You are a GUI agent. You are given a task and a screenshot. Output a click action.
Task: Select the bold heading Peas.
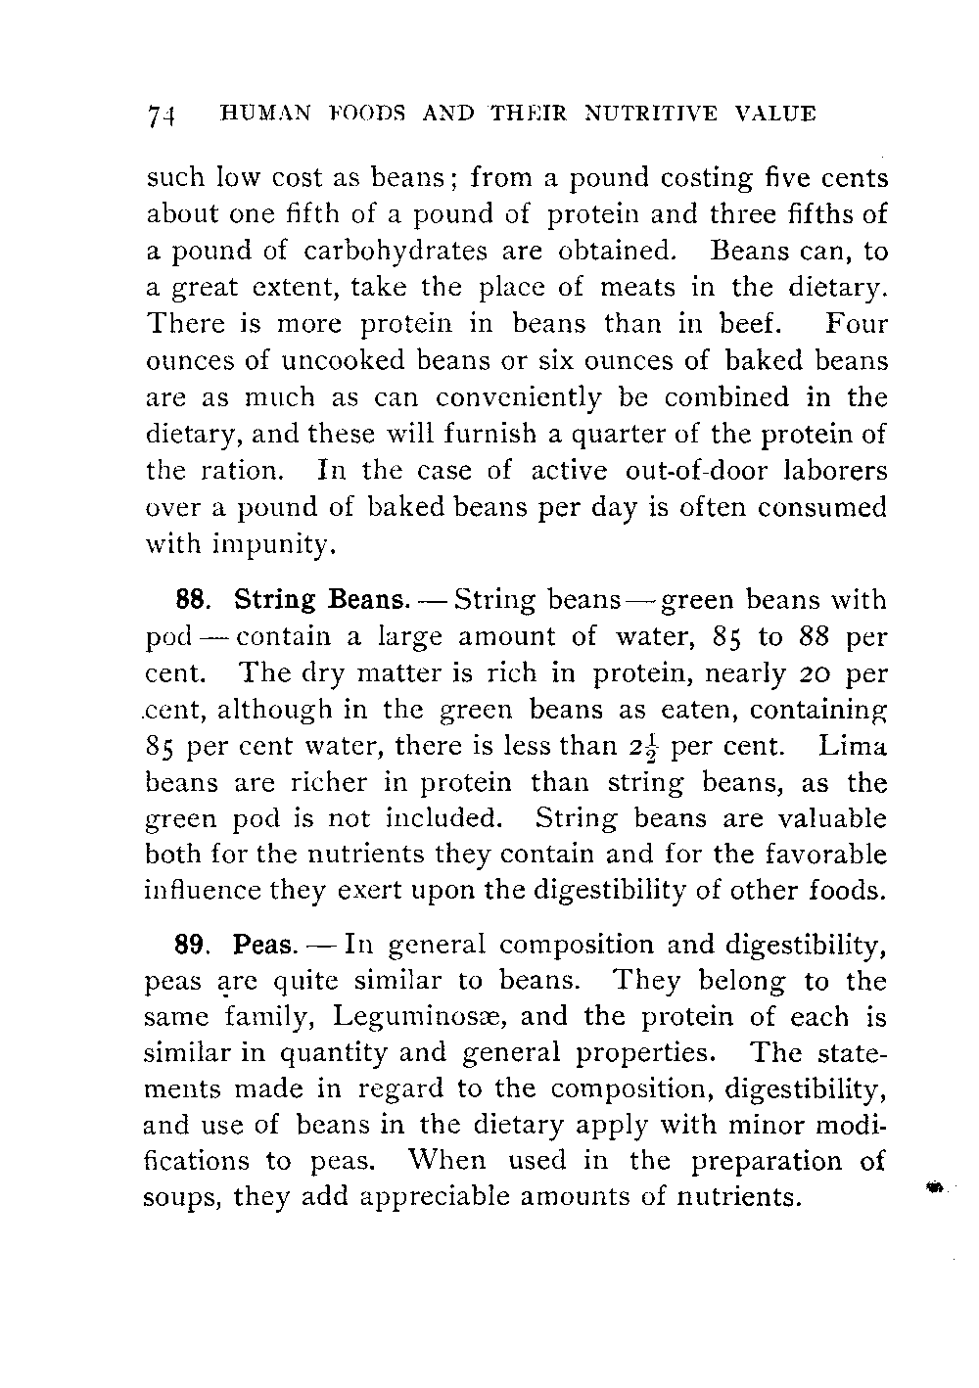264,947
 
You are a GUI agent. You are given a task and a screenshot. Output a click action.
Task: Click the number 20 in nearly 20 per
812,673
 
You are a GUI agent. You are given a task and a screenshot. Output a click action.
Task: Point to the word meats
644,288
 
